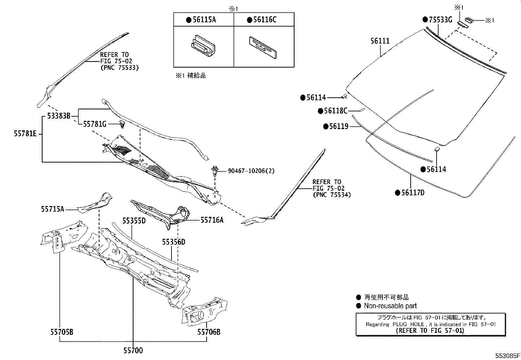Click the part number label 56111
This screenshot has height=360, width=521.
(380, 41)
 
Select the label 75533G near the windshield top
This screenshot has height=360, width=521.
(440, 20)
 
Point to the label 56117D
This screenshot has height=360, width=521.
(413, 193)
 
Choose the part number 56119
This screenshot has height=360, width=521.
(339, 126)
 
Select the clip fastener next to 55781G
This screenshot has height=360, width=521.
(122, 124)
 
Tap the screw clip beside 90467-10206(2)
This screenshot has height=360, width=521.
(215, 171)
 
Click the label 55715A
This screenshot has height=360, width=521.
(52, 209)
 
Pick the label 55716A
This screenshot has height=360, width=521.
(212, 220)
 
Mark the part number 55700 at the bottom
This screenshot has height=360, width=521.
(133, 351)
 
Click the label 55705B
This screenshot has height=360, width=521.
(62, 332)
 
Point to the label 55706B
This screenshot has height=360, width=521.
(208, 332)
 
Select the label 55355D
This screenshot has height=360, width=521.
(134, 221)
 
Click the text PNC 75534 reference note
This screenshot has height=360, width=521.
(332, 195)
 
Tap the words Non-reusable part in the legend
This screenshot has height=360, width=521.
(390, 306)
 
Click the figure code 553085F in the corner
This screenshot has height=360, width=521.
(507, 355)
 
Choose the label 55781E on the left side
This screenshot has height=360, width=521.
(25, 133)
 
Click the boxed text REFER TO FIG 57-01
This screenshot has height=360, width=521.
(430, 331)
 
